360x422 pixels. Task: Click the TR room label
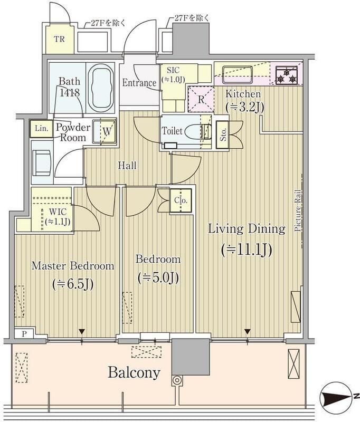[60, 39]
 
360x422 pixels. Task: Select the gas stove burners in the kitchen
[287, 75]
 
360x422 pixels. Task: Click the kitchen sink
[237, 74]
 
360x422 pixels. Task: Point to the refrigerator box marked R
[201, 99]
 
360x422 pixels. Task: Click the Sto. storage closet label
[223, 135]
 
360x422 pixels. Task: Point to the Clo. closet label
[181, 200]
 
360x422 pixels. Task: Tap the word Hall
[127, 165]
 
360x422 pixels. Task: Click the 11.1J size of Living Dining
[247, 250]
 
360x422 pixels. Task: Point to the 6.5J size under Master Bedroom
[73, 284]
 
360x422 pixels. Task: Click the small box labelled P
[24, 334]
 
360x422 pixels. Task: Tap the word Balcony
[134, 373]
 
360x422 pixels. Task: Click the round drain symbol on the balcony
[177, 380]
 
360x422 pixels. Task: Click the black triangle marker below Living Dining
[248, 331]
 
